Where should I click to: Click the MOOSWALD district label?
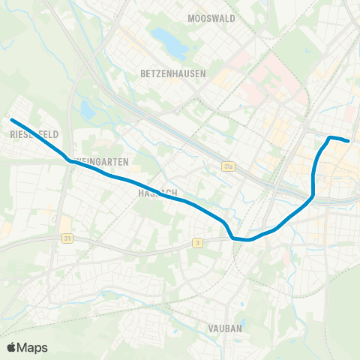211,19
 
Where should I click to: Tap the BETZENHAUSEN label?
169,73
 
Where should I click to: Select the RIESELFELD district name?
34,134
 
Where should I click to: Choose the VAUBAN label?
224,328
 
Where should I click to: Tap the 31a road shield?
228,166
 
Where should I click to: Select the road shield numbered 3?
197,242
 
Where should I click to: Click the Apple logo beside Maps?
11,347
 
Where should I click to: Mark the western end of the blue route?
11,119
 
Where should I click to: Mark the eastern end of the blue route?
349,140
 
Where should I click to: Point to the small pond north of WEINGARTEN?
88,111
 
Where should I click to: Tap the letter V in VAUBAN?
211,328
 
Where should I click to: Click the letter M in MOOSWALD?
191,19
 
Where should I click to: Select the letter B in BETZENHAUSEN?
142,73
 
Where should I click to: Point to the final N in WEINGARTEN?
127,161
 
